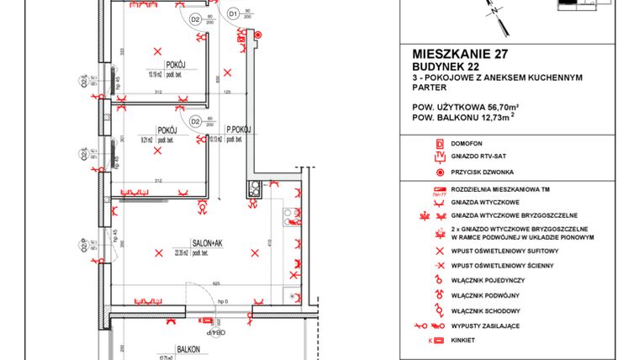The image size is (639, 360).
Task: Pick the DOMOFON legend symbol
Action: (438, 144)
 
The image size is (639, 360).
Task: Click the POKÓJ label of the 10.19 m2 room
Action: (177, 64)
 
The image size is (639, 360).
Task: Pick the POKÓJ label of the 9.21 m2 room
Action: (166, 130)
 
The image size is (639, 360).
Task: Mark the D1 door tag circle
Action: (233, 14)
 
